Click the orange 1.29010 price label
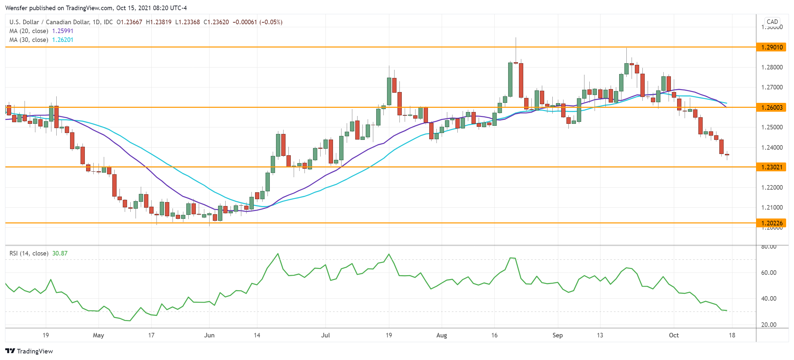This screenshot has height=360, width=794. (x=771, y=47)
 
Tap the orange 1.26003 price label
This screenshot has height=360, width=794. (x=771, y=107)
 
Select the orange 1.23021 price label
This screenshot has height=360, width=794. (x=771, y=167)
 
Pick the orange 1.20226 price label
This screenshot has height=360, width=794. (x=771, y=223)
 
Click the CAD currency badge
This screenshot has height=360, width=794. (x=772, y=22)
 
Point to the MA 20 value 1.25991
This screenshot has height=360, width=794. (x=63, y=31)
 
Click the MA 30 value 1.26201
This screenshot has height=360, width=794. (x=63, y=40)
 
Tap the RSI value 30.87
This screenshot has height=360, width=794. (x=60, y=253)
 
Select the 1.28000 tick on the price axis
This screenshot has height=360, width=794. (x=772, y=67)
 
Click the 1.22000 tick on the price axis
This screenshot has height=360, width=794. (x=772, y=187)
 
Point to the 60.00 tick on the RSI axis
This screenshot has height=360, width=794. (x=768, y=273)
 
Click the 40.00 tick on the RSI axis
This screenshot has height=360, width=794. (x=768, y=298)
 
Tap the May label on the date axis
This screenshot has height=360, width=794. (x=98, y=335)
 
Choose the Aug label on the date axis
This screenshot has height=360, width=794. (x=441, y=335)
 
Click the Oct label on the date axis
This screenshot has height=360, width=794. (x=674, y=335)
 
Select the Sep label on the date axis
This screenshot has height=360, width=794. (x=557, y=335)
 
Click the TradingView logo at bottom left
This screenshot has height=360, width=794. (x=29, y=351)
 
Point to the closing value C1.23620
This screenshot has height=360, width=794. (x=216, y=22)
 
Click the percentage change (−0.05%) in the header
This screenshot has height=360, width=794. (x=271, y=22)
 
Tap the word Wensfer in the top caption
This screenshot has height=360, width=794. (x=17, y=8)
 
